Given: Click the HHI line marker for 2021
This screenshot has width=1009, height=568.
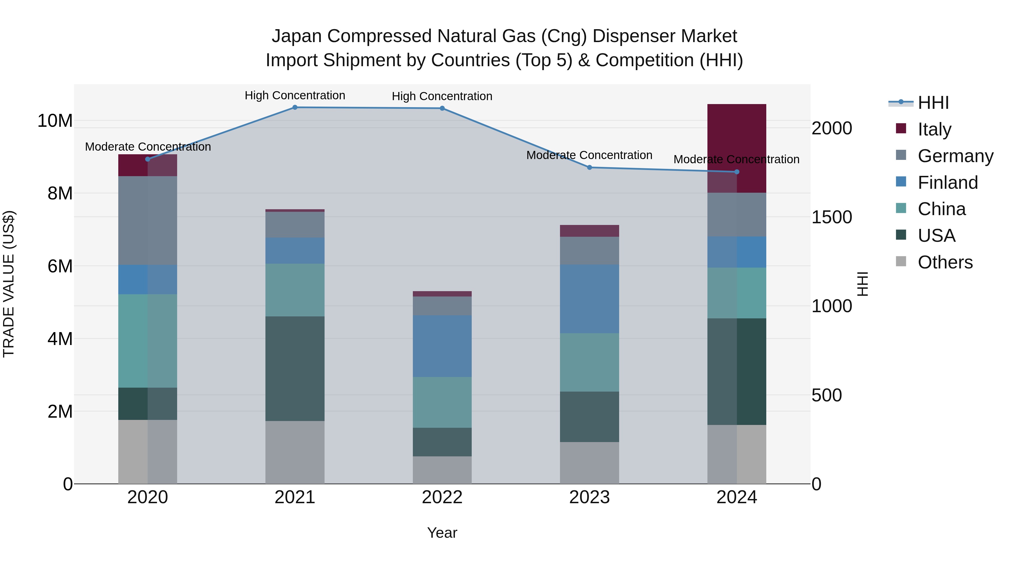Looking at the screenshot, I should (x=295, y=107).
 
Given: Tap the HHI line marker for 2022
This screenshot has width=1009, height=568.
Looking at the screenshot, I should (x=442, y=108).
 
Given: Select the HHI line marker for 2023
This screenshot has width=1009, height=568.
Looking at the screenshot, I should (x=589, y=167).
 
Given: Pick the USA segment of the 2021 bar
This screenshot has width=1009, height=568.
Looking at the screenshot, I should (x=295, y=369).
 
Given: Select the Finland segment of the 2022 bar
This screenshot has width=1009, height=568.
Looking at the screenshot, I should (x=442, y=346).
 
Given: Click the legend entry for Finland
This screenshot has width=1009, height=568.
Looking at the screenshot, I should (x=948, y=182).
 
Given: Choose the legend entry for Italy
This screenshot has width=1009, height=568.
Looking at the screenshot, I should (x=934, y=129).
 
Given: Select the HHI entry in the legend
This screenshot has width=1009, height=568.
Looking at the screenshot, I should (x=933, y=103).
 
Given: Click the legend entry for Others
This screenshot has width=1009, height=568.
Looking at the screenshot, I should (x=945, y=262).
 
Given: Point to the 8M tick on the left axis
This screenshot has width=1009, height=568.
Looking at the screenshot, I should (x=60, y=193).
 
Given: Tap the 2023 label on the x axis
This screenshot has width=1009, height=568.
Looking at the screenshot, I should (x=589, y=497).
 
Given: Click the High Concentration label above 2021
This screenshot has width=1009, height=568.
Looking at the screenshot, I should (x=295, y=95).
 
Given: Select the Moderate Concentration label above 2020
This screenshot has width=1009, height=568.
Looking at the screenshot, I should (x=148, y=147).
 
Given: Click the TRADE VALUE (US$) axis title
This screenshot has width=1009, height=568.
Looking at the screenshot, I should (x=9, y=284).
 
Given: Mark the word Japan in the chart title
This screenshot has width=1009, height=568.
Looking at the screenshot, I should (x=297, y=36).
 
